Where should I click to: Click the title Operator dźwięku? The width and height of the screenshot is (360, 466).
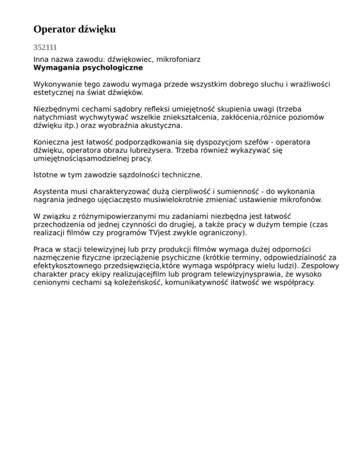coord(75,30)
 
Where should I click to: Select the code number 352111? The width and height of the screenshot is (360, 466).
coord(45,47)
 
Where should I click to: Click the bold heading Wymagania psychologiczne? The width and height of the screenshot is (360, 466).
coord(88,68)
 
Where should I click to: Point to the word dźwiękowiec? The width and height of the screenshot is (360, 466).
coord(131,60)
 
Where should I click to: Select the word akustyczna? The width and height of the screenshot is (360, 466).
coord(160,126)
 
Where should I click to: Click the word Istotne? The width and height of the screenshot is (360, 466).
coord(46,175)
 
